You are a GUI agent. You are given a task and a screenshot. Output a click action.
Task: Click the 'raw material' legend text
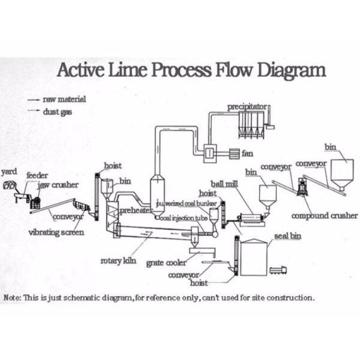pos(64,99)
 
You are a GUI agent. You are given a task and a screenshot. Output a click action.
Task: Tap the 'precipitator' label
pos(247,106)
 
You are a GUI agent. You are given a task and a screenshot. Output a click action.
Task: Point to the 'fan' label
pos(247,154)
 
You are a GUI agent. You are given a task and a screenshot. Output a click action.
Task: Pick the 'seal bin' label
pos(287,236)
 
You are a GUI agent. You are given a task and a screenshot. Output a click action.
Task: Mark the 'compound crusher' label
pos(325,215)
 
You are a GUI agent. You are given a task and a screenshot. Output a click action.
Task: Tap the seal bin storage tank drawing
pos(253,257)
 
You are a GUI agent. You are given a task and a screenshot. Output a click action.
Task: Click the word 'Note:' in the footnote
pos(13,298)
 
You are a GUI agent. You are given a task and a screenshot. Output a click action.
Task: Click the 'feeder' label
pos(37,175)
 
